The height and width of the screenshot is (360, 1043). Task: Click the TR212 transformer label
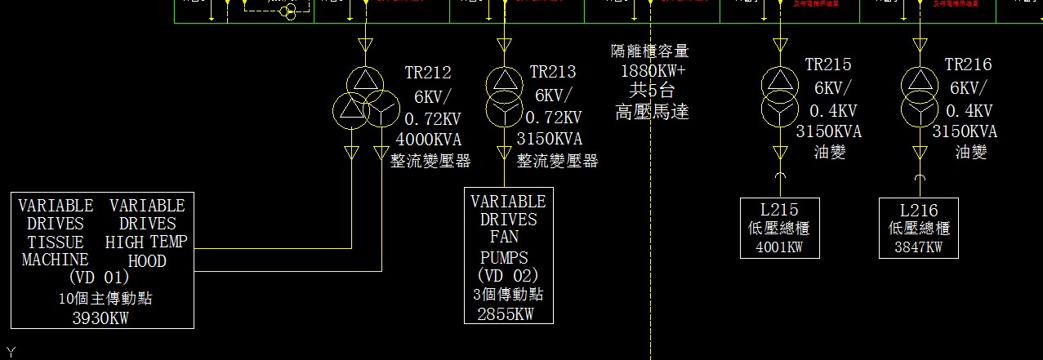click(x=428, y=73)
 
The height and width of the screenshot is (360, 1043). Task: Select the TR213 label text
click(x=553, y=73)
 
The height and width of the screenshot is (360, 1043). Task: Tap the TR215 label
click(x=828, y=64)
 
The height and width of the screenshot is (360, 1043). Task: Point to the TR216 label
click(x=968, y=64)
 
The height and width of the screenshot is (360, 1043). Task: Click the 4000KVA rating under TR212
click(x=429, y=139)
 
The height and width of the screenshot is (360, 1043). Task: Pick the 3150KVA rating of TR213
click(x=549, y=139)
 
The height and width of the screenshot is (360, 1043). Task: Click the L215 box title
click(x=780, y=211)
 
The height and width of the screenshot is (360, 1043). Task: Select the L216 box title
click(x=919, y=211)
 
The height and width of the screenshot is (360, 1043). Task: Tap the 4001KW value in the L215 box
click(x=780, y=247)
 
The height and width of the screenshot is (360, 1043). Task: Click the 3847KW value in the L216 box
click(x=919, y=247)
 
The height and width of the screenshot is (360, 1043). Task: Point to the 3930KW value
click(x=100, y=318)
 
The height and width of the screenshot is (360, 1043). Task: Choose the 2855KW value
click(x=506, y=313)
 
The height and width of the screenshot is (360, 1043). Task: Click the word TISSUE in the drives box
click(x=56, y=242)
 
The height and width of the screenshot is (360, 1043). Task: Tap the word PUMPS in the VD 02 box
click(x=503, y=258)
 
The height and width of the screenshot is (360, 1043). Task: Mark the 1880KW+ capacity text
click(x=653, y=70)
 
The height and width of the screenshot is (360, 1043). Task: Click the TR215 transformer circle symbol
click(x=780, y=94)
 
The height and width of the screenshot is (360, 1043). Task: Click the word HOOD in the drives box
click(x=147, y=261)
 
